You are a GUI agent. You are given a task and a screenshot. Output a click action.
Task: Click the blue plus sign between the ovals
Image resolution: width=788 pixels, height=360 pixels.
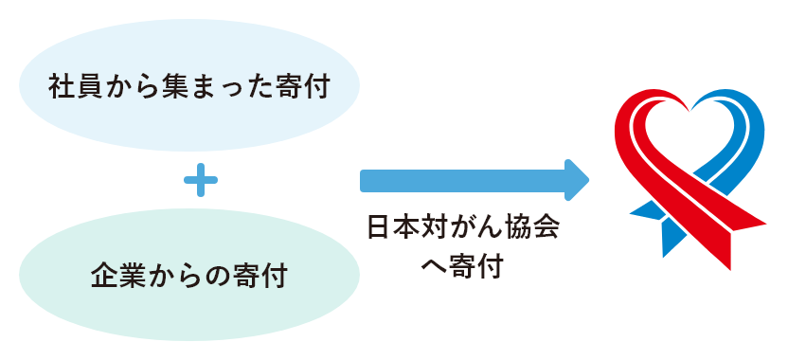coord(200,180)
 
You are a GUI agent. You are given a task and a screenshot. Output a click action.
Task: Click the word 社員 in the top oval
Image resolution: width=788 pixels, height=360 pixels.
coord(74,88)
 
